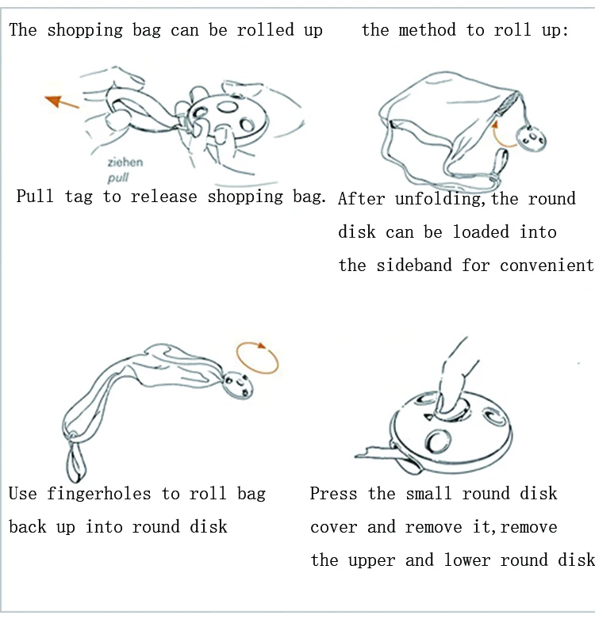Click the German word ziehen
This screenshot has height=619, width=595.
125,162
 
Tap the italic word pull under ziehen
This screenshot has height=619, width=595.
118,178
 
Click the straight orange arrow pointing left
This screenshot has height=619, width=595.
62,101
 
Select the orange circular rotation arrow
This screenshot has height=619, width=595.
257,357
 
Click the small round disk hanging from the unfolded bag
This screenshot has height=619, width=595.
532,138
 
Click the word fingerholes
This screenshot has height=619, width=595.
99,494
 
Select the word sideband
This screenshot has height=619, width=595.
413,265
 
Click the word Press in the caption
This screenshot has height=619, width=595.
333,494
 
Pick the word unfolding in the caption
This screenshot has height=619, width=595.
440,199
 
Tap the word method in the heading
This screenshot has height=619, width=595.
427,30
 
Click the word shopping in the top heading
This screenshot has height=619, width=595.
85,30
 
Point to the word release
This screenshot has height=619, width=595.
163,197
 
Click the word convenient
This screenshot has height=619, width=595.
547,266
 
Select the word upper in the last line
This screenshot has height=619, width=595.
371,560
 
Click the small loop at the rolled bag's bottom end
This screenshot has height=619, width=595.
75,460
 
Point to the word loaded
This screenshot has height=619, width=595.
481,231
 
